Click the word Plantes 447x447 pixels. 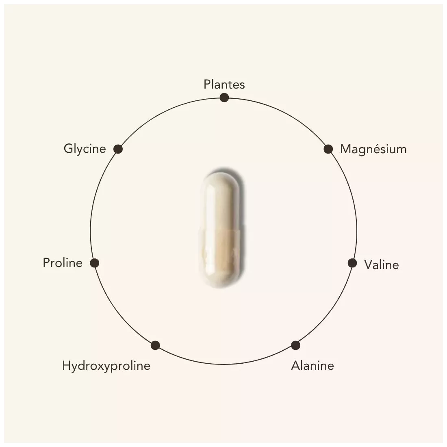[224, 85]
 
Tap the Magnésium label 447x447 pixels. [373, 149]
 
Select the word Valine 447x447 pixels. [382, 265]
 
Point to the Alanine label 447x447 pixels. [312, 365]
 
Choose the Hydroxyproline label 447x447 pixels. [106, 366]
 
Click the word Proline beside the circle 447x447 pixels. [63, 263]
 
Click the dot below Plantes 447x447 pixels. [224, 98]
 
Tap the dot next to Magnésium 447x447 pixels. [328, 149]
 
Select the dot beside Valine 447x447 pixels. [352, 263]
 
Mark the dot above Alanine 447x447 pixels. [295, 345]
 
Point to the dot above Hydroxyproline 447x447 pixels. [155, 345]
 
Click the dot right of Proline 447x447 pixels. [95, 263]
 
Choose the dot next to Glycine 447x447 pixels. [118, 149]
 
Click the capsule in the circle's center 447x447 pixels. [221, 230]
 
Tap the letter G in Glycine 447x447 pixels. [68, 148]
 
